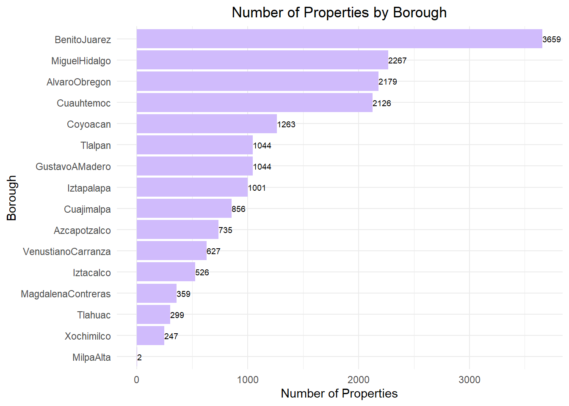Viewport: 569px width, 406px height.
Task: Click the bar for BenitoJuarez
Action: pyautogui.click(x=339, y=39)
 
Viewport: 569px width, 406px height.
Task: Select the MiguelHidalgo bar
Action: pyautogui.click(x=262, y=60)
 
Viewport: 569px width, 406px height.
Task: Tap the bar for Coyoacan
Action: pyautogui.click(x=207, y=124)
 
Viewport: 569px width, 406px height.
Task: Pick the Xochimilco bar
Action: pyautogui.click(x=150, y=336)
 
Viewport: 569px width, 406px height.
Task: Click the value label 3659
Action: pyautogui.click(x=551, y=39)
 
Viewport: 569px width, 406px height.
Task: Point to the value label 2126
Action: pyautogui.click(x=381, y=103)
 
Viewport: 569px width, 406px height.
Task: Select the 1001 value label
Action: pyautogui.click(x=257, y=188)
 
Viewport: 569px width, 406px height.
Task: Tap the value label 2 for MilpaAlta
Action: pyautogui.click(x=139, y=358)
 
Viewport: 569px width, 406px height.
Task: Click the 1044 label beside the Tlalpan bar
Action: pyautogui.click(x=262, y=145)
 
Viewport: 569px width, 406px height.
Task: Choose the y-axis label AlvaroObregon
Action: pyautogui.click(x=79, y=82)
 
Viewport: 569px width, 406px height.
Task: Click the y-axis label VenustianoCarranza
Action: pyautogui.click(x=67, y=252)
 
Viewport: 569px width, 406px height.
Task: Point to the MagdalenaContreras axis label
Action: pyautogui.click(x=66, y=294)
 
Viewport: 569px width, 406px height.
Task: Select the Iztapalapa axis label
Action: pyautogui.click(x=89, y=188)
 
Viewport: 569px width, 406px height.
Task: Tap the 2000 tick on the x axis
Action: pyautogui.click(x=358, y=380)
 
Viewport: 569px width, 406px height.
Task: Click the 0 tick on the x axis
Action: pyautogui.click(x=136, y=380)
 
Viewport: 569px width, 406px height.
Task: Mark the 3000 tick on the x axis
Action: pyautogui.click(x=469, y=380)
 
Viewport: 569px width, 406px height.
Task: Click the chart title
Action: pyautogui.click(x=339, y=13)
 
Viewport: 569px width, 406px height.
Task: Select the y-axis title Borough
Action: pyautogui.click(x=12, y=198)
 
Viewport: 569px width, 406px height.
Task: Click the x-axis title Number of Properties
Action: pyautogui.click(x=339, y=394)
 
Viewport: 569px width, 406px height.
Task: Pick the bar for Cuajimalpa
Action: pyautogui.click(x=184, y=208)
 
